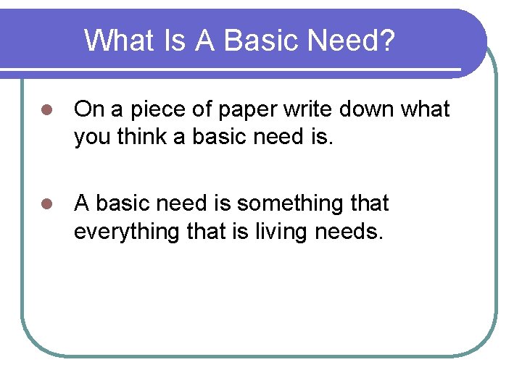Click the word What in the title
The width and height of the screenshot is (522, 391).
(119, 41)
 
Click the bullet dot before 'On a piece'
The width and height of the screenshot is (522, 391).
(47, 111)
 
